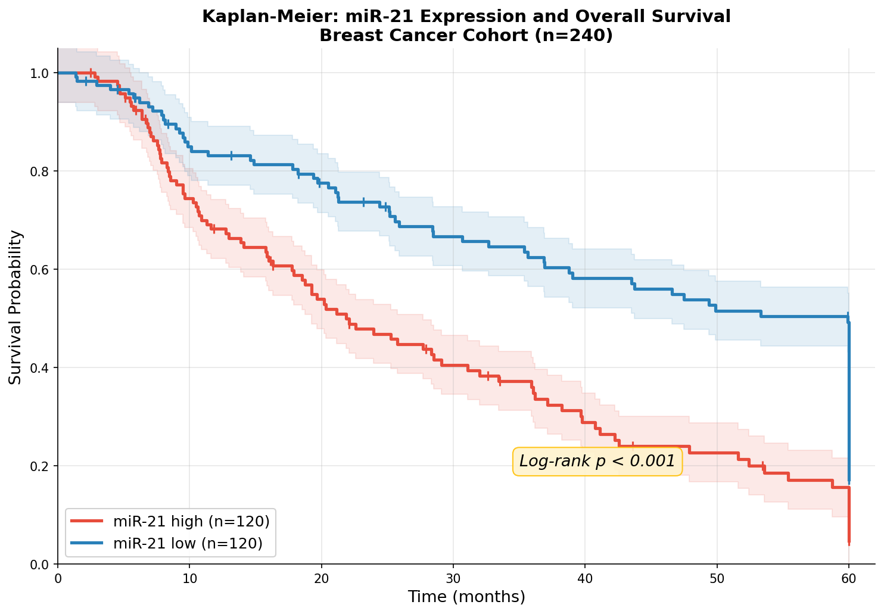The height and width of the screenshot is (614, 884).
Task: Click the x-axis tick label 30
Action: click(x=453, y=578)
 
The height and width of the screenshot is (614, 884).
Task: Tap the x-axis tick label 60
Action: click(x=849, y=578)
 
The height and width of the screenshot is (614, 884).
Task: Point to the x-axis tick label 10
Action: click(x=189, y=578)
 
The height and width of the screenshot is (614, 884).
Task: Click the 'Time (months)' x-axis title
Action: click(x=466, y=597)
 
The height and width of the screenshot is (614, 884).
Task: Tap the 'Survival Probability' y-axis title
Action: click(x=16, y=307)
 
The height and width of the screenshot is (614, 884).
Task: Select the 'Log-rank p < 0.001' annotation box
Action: click(x=597, y=461)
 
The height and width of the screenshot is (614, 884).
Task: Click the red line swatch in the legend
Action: click(x=87, y=521)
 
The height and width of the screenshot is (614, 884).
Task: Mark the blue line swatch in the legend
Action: click(x=87, y=543)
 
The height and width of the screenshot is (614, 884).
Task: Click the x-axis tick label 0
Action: click(x=58, y=578)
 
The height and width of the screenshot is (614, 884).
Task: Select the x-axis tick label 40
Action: click(x=585, y=578)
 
